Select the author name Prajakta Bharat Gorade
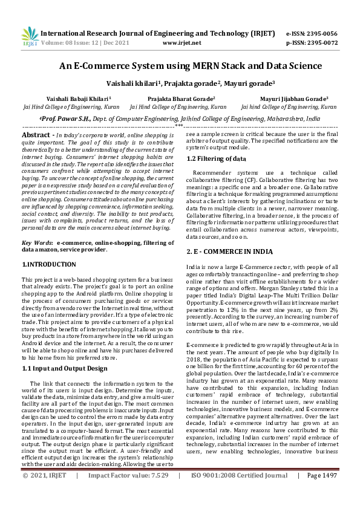(x=181, y=98)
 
